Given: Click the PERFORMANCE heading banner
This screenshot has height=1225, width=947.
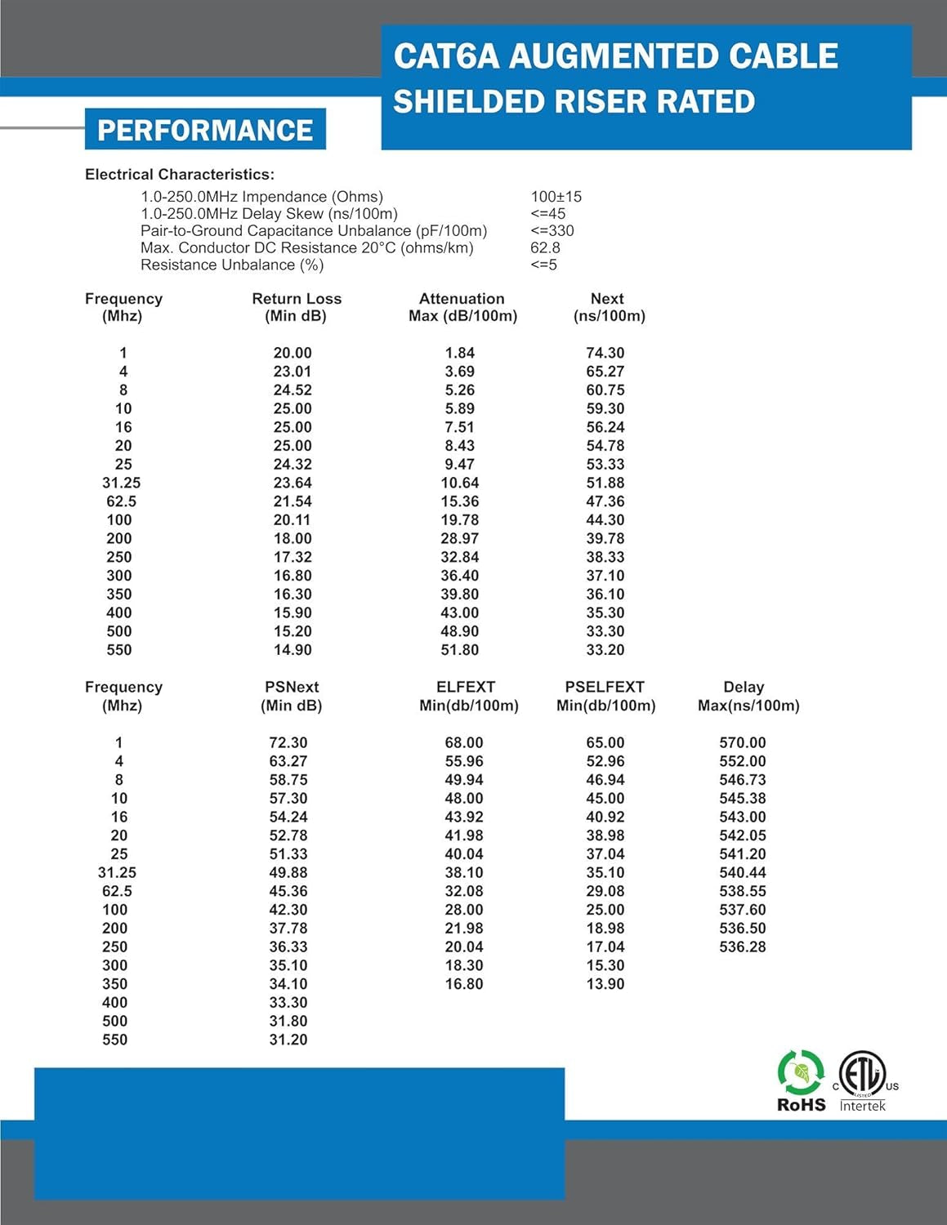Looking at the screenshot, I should [205, 130].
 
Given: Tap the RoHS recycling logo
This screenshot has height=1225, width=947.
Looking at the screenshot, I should [801, 1080].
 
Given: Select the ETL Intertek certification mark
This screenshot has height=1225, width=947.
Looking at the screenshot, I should [863, 1080].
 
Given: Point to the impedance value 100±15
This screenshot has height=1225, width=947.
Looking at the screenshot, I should [556, 197].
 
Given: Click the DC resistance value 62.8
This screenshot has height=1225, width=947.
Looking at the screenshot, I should [545, 247].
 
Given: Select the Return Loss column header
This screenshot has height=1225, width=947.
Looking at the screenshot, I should [296, 307].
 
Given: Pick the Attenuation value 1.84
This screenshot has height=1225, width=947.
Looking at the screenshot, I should [459, 353].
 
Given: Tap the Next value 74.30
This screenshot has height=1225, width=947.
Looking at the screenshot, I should [605, 353].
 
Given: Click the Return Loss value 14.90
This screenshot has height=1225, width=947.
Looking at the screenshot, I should [292, 650].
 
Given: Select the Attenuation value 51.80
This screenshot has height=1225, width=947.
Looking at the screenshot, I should [459, 650].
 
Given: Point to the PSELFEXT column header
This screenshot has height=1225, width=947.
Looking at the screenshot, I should [605, 696].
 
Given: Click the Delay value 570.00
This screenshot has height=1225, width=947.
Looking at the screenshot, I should [742, 742].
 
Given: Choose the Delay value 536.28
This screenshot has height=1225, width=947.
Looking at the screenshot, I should [742, 947].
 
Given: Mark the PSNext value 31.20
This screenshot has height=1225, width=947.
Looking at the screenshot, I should [288, 1040].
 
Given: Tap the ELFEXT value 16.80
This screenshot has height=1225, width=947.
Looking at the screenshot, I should [463, 984].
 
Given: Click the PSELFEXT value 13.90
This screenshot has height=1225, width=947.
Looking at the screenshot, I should [605, 984].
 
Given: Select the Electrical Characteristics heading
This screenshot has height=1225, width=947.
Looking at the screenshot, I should [179, 174].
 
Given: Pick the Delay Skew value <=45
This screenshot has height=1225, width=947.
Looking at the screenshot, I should [547, 214].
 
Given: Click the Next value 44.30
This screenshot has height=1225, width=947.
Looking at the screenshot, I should [605, 520].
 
